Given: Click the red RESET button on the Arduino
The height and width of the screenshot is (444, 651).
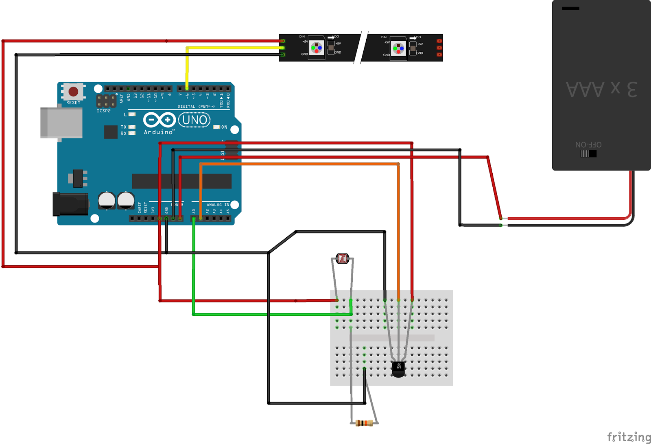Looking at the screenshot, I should click(x=73, y=91).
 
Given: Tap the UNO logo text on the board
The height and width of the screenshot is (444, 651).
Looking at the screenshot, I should click(x=194, y=120).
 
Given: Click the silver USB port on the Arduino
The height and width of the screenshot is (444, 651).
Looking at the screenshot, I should click(x=61, y=123).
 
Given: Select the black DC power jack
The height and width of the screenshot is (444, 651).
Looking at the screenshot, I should click(x=70, y=204).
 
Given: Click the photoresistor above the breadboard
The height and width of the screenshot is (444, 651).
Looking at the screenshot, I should click(x=342, y=258).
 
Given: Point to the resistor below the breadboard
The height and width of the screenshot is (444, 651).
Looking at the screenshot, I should click(x=364, y=423).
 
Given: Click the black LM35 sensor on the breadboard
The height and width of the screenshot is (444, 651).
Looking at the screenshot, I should click(x=398, y=369).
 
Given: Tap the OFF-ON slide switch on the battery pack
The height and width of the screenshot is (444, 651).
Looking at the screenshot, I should click(x=588, y=153).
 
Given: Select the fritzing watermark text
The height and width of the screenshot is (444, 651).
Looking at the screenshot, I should click(x=629, y=437).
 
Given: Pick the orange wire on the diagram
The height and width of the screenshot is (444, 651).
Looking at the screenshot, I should click(x=299, y=164).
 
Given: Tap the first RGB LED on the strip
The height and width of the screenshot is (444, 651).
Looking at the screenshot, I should click(x=317, y=48).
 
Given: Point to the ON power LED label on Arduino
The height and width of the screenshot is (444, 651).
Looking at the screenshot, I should click(x=224, y=127).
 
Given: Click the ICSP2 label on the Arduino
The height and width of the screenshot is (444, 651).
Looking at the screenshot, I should click(x=103, y=111).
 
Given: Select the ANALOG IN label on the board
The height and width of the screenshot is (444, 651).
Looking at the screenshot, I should click(x=218, y=205).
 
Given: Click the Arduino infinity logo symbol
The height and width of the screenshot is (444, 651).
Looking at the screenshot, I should click(x=159, y=120).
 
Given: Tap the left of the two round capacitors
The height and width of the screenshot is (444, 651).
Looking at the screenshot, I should click(x=107, y=200).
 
